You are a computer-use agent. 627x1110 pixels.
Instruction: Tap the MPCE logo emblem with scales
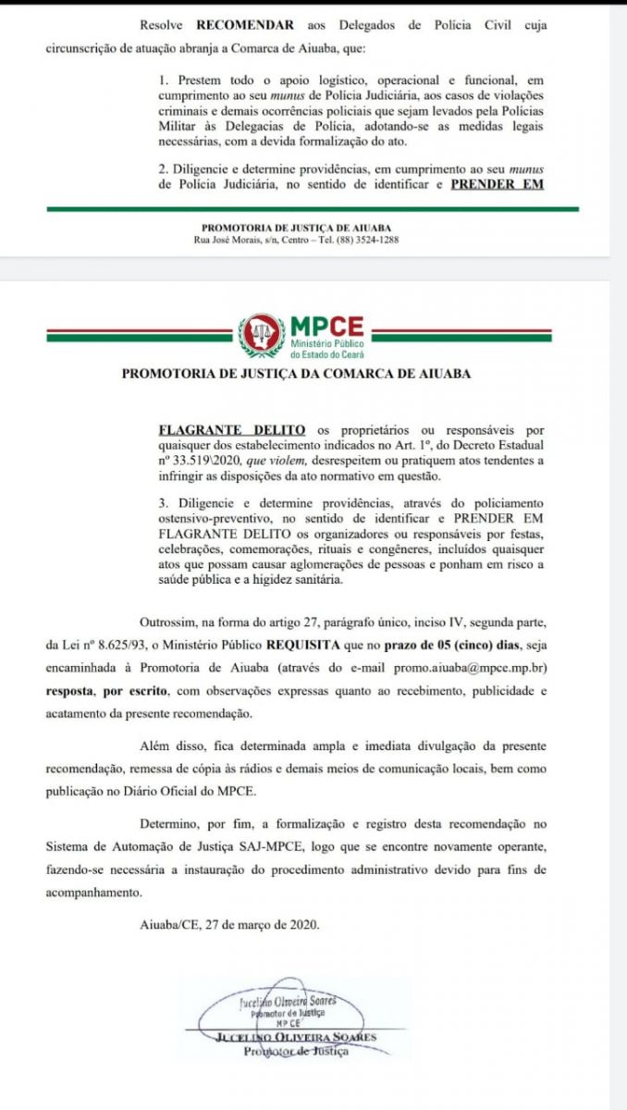(262, 335)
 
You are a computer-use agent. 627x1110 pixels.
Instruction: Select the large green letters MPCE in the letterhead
(326, 327)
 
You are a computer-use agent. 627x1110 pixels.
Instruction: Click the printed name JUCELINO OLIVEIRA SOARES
(296, 1037)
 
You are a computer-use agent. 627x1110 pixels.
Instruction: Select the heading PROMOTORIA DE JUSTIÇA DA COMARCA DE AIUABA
(296, 375)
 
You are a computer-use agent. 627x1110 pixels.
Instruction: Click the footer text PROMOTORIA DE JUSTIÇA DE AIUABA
(296, 228)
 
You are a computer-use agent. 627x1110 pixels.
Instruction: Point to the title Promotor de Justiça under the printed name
(296, 1051)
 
